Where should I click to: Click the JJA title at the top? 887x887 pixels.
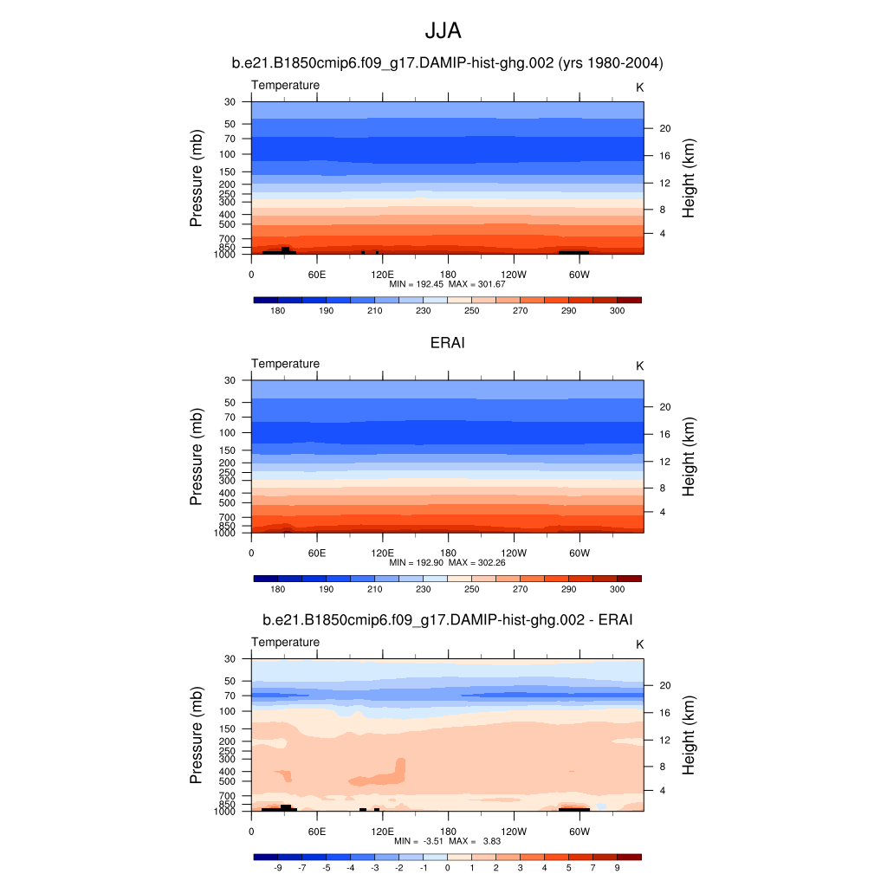443,32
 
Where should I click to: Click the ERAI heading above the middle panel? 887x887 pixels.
448,343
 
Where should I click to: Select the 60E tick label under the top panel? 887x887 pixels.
316,275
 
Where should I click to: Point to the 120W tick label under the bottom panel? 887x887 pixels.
514,832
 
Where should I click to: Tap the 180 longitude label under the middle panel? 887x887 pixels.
448,553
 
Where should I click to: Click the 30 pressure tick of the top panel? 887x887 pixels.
230,102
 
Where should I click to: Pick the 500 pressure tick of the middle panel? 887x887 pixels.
228,502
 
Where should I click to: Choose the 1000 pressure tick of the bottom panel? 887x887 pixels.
225,812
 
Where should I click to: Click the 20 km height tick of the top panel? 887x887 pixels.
666,128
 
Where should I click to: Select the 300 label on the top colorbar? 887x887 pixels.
617,311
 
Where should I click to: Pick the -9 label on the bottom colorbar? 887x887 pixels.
278,868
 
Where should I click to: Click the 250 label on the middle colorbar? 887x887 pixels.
471,590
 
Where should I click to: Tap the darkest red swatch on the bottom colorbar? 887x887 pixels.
629,857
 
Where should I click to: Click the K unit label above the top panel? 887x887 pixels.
640,87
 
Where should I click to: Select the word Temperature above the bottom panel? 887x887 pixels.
285,642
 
